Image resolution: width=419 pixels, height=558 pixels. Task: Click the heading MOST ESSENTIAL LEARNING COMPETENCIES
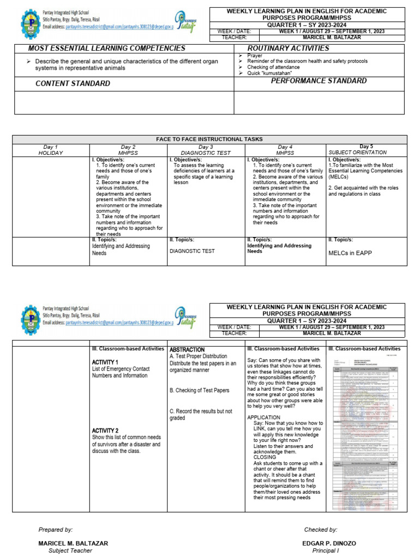(106, 48)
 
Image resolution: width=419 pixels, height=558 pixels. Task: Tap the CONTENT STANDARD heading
(73, 83)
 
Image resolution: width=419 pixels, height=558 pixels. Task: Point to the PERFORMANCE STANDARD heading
(319, 81)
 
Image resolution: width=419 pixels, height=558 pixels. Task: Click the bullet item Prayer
(254, 56)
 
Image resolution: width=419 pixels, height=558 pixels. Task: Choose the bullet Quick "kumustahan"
(270, 73)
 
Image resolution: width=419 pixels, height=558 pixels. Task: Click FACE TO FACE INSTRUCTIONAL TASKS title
(209, 139)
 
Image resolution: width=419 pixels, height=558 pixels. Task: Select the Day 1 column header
(50, 147)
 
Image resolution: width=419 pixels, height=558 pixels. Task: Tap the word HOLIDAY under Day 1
(50, 153)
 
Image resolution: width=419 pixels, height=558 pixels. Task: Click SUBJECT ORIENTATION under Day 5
(358, 153)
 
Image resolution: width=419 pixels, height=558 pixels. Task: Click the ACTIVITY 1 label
(105, 362)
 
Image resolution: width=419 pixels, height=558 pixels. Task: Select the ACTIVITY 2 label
(105, 430)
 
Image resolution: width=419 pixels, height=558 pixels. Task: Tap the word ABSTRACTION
(187, 350)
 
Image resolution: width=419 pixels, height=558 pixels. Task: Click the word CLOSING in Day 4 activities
(265, 458)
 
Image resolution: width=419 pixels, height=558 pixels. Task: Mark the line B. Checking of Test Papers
(199, 390)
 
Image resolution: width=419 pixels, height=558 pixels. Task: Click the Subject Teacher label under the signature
(66, 550)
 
